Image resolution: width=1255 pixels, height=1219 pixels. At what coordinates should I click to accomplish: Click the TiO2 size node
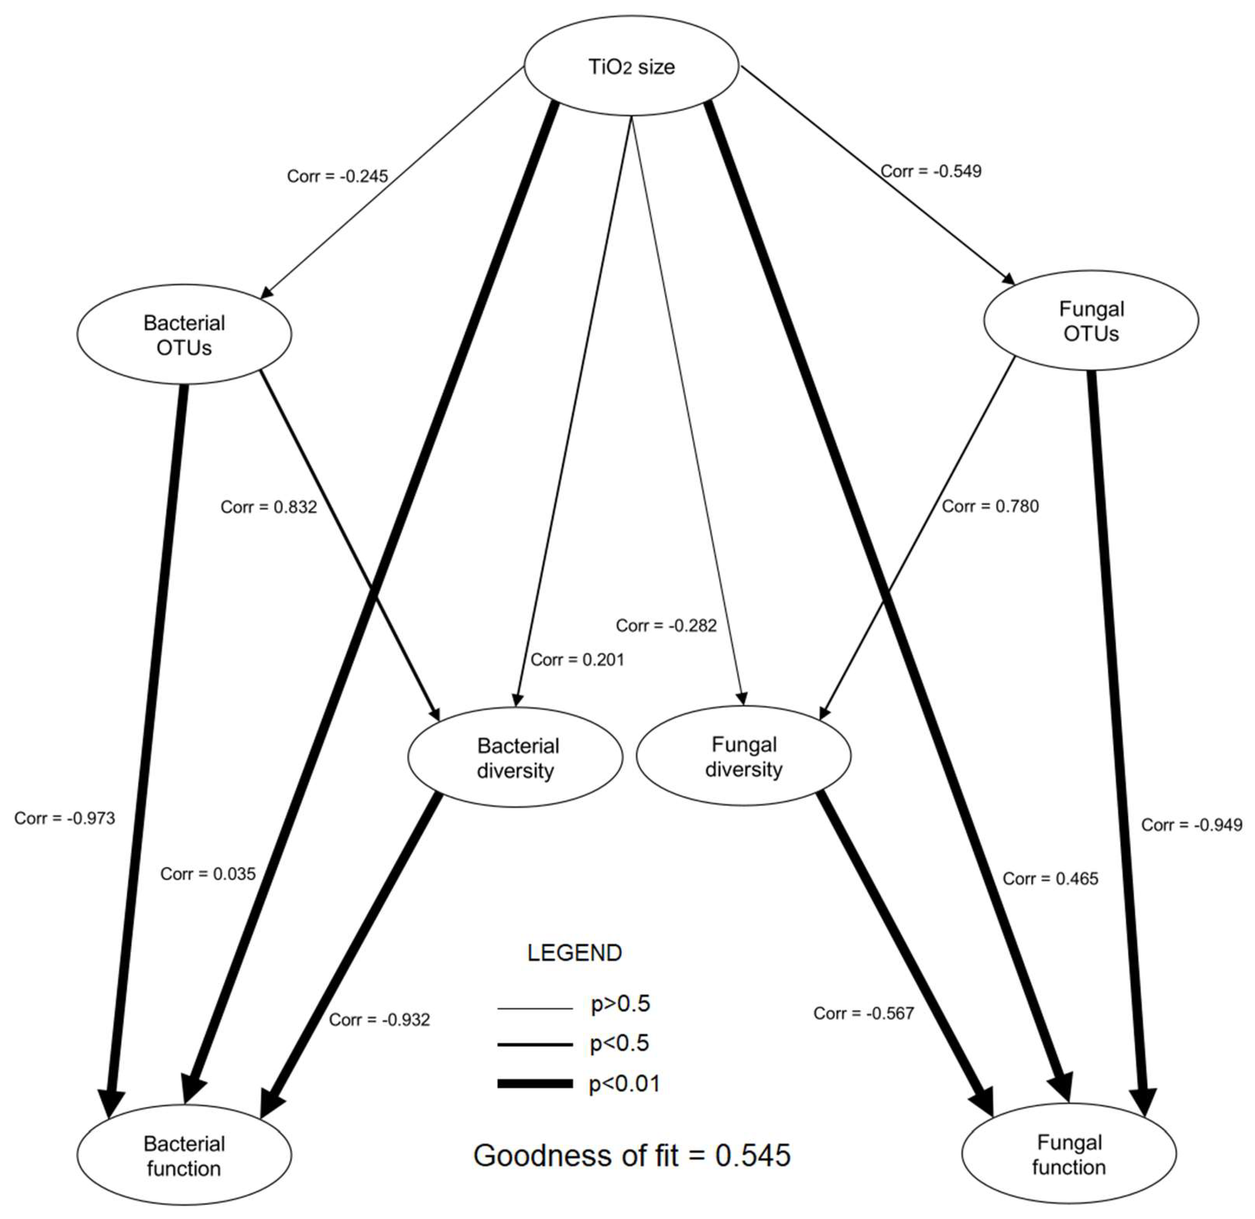(631, 67)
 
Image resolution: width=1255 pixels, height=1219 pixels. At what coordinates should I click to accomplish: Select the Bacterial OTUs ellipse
(184, 334)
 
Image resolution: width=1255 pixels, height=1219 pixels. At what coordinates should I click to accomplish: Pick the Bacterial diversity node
(516, 757)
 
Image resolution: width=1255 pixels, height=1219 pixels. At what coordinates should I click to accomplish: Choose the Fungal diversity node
(744, 756)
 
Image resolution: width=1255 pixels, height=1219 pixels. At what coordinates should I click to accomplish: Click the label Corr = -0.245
(337, 176)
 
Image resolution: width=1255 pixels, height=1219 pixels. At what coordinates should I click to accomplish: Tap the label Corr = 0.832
(268, 507)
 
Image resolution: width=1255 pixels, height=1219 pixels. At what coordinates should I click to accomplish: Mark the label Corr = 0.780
(990, 506)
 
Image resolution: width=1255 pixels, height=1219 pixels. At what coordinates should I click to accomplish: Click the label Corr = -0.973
(65, 818)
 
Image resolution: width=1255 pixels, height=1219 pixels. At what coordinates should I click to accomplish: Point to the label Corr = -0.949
(1192, 825)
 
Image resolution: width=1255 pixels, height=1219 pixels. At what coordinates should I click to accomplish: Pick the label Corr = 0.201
(577, 660)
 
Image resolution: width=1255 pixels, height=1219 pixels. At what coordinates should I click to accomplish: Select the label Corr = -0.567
(863, 1013)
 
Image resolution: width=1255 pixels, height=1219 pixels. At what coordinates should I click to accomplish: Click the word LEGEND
(574, 953)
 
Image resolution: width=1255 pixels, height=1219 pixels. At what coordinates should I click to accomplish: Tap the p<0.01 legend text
(624, 1084)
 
